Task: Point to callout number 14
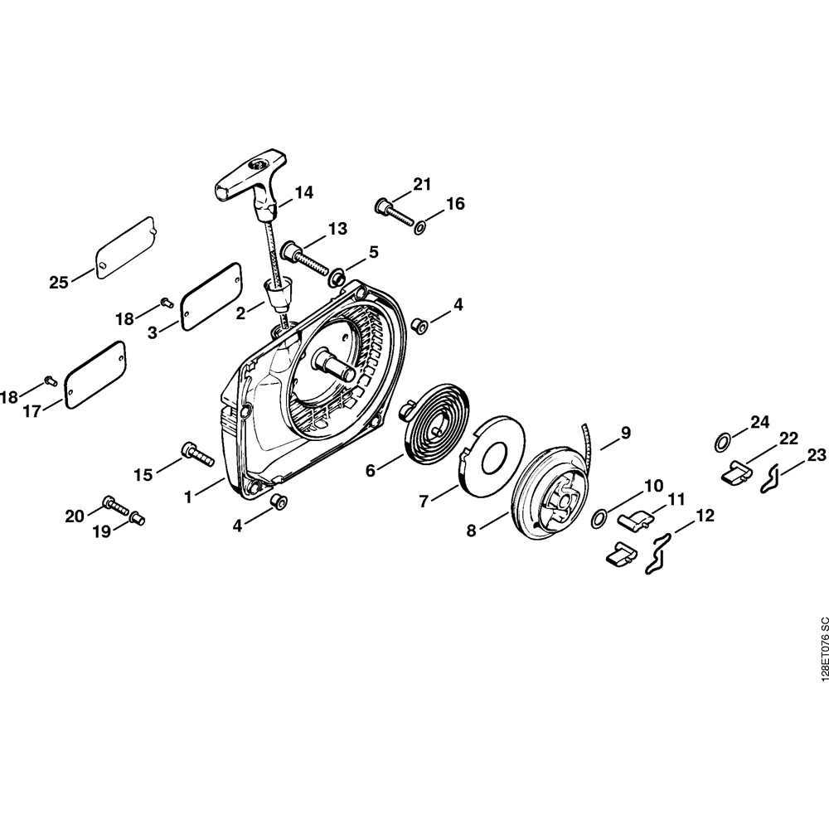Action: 304,192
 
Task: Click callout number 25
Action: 59,283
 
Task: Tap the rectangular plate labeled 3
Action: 211,297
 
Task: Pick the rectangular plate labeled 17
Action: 95,375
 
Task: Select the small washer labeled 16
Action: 420,229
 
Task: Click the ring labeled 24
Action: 723,443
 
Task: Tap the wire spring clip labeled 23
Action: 771,478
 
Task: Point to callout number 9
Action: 625,433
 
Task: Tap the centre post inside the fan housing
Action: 334,364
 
